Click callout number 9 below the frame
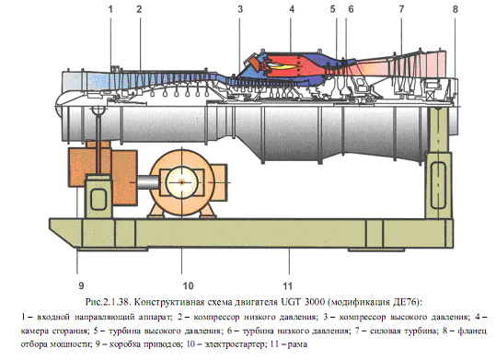(80, 273)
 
